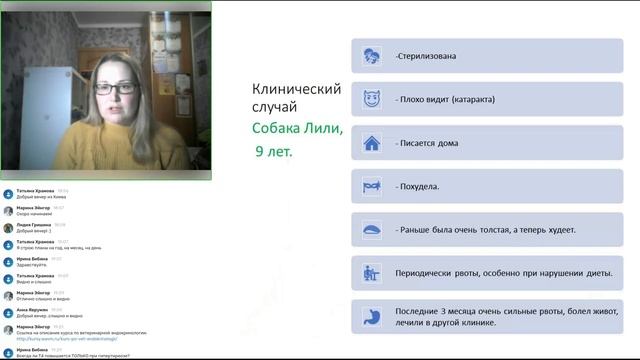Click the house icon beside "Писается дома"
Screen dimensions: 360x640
coord(371,143)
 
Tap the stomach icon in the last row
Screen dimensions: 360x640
coord(371,317)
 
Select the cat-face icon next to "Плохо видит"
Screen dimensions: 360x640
coord(371,100)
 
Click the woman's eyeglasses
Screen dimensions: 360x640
coord(117,88)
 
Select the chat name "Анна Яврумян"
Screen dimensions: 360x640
coord(33,309)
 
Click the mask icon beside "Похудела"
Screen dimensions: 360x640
coord(371,187)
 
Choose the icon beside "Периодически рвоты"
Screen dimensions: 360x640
coord(371,273)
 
